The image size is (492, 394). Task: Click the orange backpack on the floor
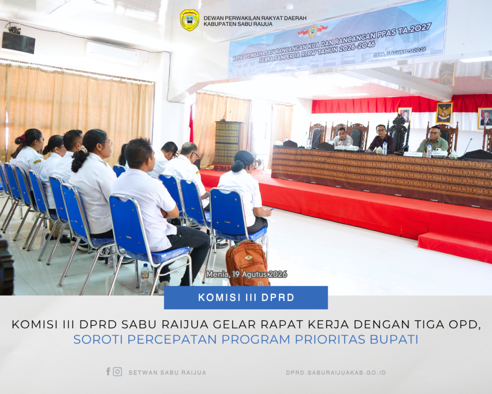point(247,264)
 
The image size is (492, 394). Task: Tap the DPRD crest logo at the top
point(189,20)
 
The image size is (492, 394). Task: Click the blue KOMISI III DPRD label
point(246,297)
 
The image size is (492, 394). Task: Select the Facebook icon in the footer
point(108,372)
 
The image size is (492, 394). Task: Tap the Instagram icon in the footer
point(117,372)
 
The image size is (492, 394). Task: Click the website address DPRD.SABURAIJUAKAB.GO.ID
point(336,373)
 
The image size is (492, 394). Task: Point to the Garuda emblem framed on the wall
point(444,112)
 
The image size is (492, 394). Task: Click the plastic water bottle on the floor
point(145,279)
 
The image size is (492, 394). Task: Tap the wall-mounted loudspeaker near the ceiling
point(18,41)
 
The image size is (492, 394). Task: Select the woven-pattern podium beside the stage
point(227,145)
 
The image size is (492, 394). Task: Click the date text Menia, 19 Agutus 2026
point(246,274)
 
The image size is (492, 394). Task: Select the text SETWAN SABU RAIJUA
point(167,373)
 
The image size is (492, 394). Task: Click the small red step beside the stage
point(455,247)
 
